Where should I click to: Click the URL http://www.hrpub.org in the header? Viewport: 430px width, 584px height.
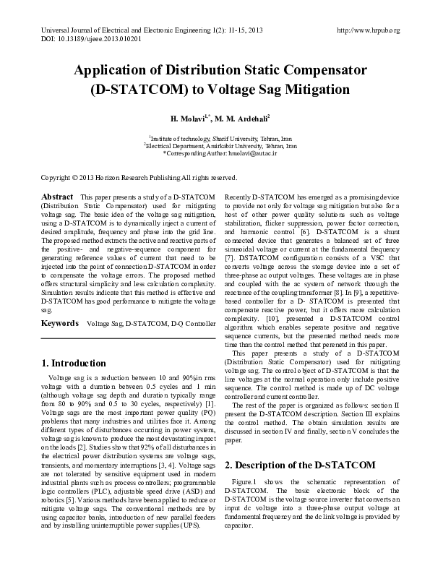pos(369,30)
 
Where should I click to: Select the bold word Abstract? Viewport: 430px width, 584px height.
pos(57,197)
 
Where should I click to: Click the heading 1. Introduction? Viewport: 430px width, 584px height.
pos(74,363)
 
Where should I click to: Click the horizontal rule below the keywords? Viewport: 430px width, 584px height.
pos(128,338)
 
